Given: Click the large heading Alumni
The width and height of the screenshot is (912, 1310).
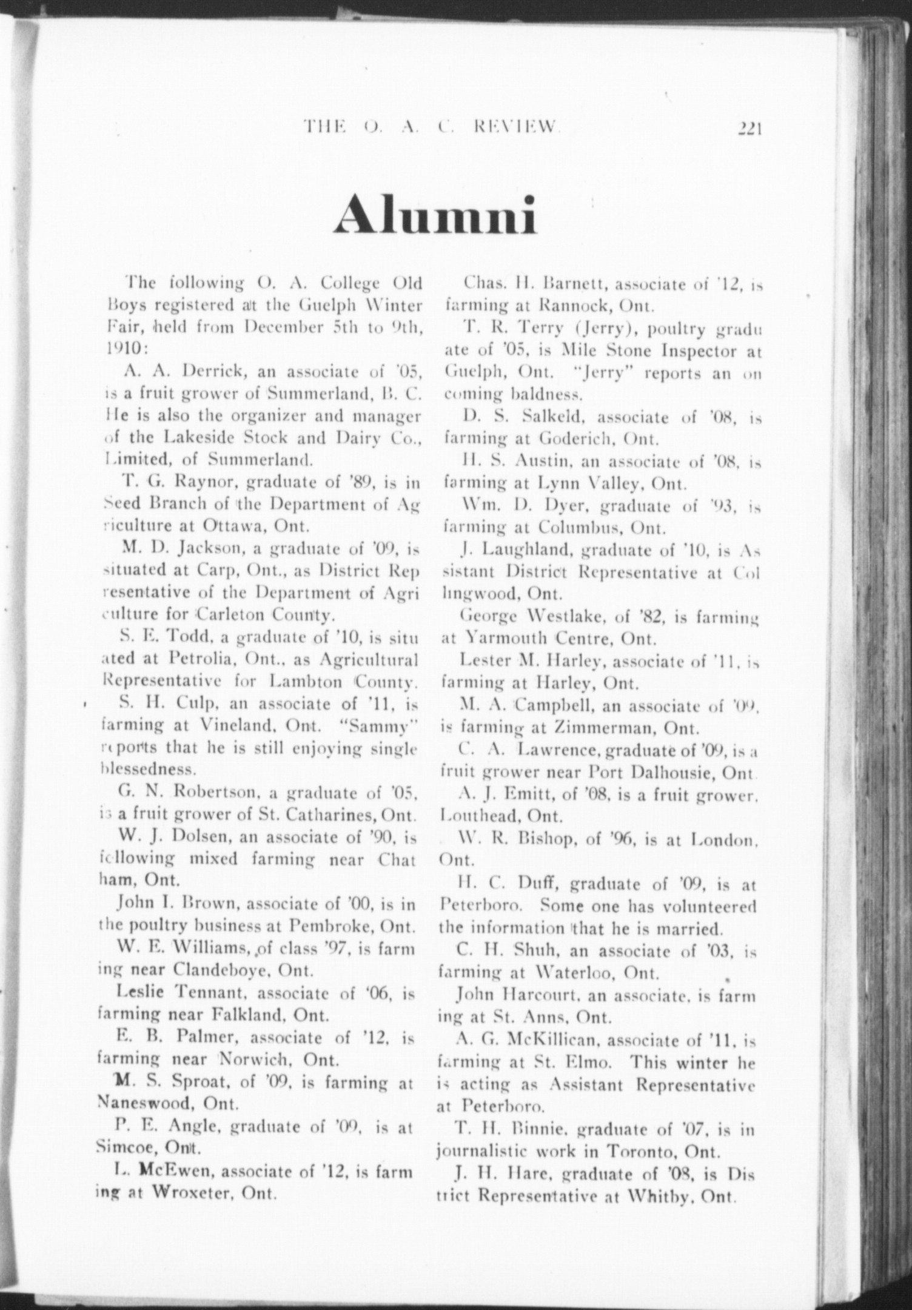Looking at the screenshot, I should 435,215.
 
